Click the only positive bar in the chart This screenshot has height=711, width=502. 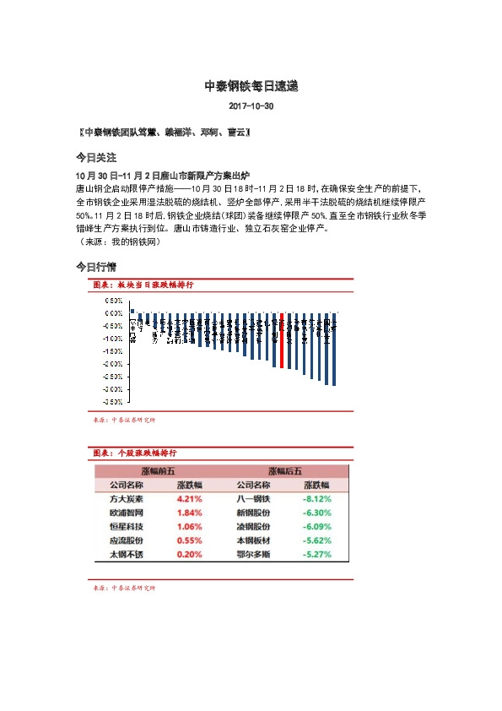(x=132, y=311)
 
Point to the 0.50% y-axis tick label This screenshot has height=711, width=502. (x=113, y=301)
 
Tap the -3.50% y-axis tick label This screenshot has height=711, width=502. (x=112, y=402)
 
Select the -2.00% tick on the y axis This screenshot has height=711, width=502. (x=112, y=364)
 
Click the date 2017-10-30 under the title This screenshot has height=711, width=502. (x=251, y=107)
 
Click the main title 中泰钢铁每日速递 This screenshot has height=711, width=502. (x=251, y=86)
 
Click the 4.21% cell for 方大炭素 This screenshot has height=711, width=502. (x=189, y=499)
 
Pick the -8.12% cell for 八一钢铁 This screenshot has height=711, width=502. (x=316, y=499)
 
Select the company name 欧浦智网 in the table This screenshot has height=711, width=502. (x=127, y=513)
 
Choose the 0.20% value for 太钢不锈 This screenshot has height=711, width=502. (x=189, y=555)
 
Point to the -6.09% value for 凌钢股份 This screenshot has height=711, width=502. (x=316, y=527)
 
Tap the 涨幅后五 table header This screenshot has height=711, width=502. (x=284, y=471)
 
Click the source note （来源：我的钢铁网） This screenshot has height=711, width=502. (x=118, y=242)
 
